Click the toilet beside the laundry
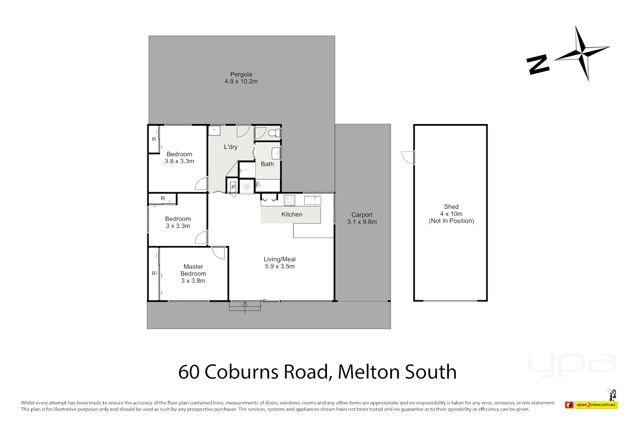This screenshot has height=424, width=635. click(x=276, y=133)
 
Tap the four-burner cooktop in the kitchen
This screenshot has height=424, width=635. click(x=289, y=201)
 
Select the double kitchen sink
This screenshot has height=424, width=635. click(x=312, y=200)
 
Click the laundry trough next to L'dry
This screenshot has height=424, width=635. click(x=214, y=130)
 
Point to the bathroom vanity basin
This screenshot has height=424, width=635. click(x=276, y=153)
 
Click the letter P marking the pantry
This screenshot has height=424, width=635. click(x=233, y=187)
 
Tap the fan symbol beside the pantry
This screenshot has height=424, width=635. click(x=247, y=186)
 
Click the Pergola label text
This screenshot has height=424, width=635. click(x=241, y=74)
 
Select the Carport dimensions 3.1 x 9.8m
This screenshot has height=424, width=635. click(x=362, y=222)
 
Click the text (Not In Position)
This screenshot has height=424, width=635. click(x=451, y=221)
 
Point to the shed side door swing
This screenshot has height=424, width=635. click(x=408, y=157)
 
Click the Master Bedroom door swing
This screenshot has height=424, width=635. click(x=218, y=252)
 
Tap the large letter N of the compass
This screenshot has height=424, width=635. click(x=538, y=64)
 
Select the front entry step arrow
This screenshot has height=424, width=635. click(x=245, y=307)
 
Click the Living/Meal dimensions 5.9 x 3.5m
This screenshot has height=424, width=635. click(x=279, y=266)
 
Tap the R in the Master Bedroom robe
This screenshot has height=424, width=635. click(x=154, y=274)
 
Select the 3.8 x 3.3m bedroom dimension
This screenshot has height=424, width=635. click(x=179, y=161)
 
